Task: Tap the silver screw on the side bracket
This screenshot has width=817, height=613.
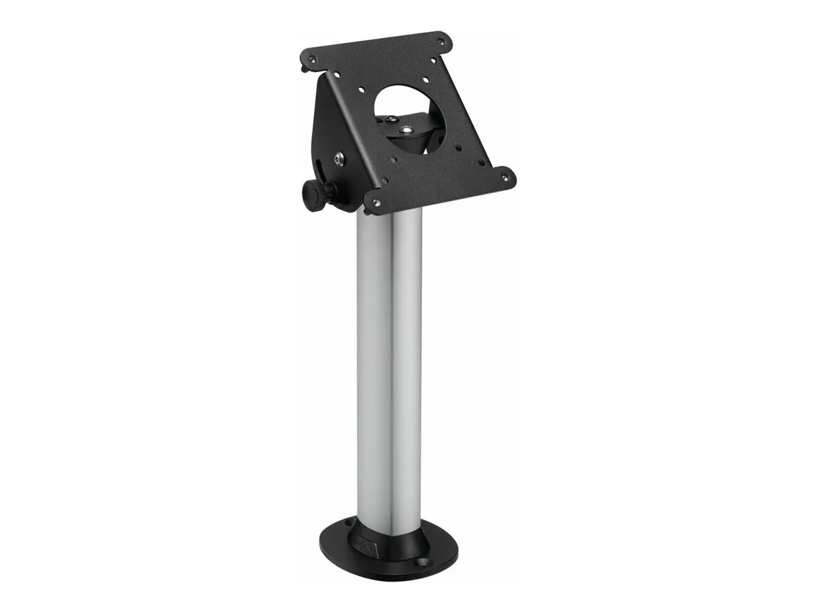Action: (338, 160)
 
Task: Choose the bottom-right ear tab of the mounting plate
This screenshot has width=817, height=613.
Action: (507, 178)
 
